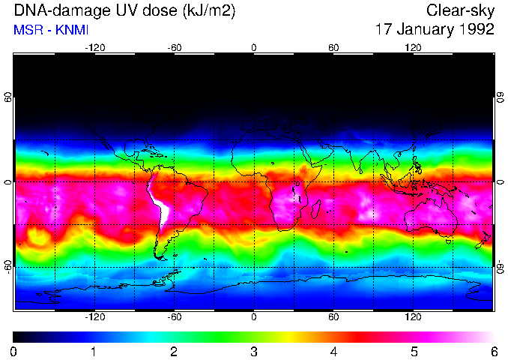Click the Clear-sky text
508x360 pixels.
click(x=460, y=11)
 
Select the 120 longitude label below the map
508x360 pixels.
click(x=413, y=317)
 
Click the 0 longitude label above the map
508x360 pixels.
click(x=254, y=47)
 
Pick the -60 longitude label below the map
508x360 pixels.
click(x=174, y=317)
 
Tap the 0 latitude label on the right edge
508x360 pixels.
click(x=500, y=182)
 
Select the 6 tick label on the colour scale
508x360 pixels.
click(x=494, y=351)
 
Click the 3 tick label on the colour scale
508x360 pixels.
click(x=254, y=351)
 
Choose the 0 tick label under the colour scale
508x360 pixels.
click(x=14, y=351)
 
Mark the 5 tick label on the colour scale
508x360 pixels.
click(x=414, y=351)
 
